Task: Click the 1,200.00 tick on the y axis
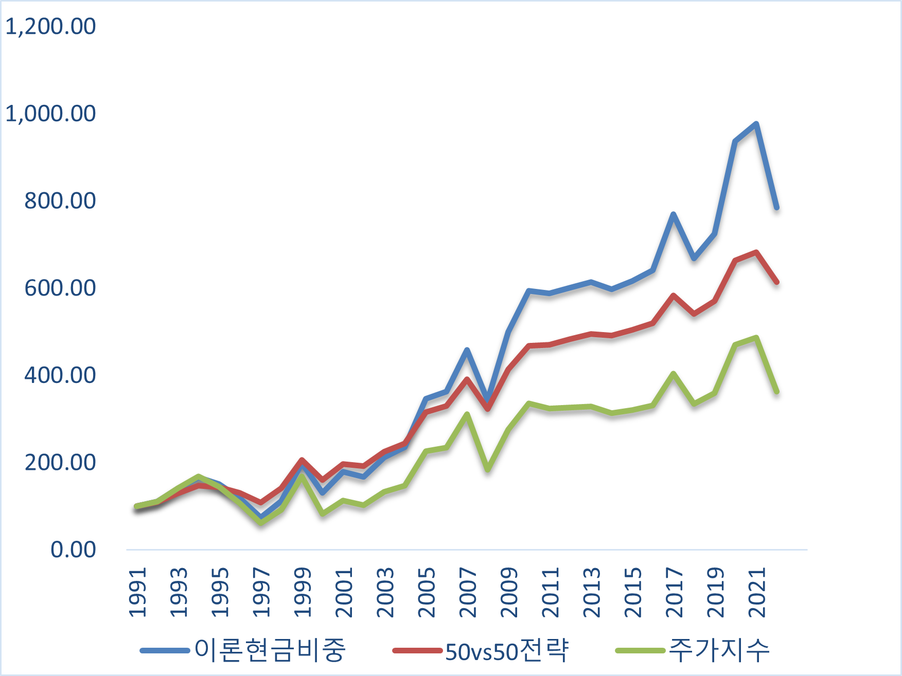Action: (50, 26)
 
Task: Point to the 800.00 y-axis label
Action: (60, 200)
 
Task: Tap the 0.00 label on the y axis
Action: (73, 550)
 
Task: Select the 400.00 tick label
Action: (60, 375)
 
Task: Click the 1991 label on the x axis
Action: (137, 592)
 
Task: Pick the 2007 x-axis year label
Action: (468, 592)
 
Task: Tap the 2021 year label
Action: (757, 592)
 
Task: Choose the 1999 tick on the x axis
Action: (303, 592)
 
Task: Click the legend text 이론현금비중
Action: (270, 650)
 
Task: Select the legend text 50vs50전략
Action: (507, 650)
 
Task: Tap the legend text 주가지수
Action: (719, 650)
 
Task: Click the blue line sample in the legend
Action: (165, 651)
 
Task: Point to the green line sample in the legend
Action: (640, 651)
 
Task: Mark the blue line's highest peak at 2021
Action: (756, 124)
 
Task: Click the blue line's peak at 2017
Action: (673, 214)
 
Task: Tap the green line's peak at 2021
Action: (756, 338)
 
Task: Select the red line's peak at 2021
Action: (756, 252)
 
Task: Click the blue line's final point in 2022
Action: (776, 208)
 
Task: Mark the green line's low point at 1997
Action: (261, 522)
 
